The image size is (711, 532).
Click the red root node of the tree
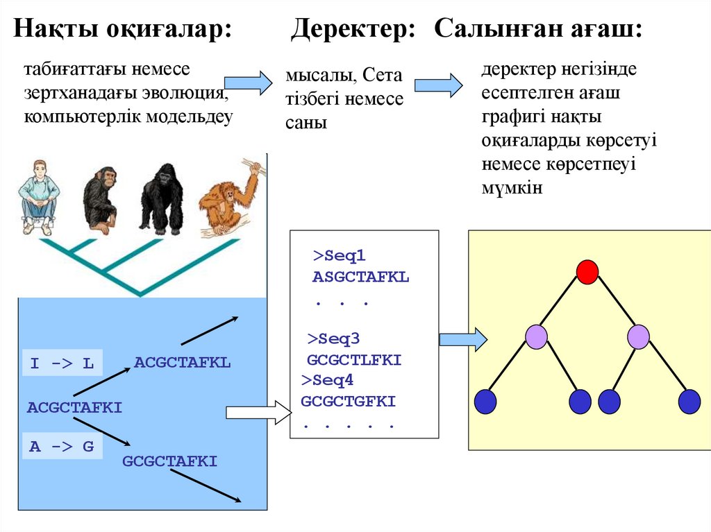[x=587, y=271]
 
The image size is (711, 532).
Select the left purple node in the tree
[x=536, y=336]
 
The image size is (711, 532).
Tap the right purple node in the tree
[x=638, y=336]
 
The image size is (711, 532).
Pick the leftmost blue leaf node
[x=485, y=402]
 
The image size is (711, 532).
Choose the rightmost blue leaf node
[x=689, y=402]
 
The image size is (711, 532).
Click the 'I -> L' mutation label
[x=62, y=363]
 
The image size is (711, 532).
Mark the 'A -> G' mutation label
[x=61, y=447]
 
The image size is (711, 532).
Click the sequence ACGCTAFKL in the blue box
[x=182, y=362]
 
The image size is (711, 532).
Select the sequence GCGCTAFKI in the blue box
[x=170, y=461]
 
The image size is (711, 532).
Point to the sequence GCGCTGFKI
[x=348, y=401]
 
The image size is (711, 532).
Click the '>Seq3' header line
[x=333, y=339]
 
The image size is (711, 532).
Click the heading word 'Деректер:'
[x=353, y=30]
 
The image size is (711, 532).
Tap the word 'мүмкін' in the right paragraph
[x=511, y=187]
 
